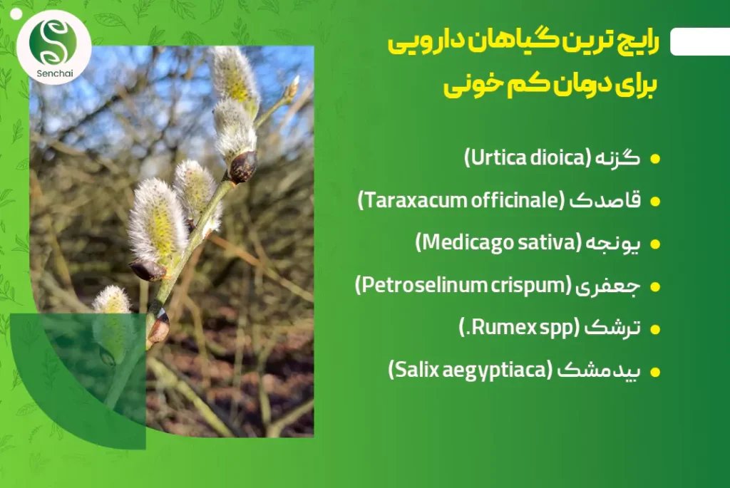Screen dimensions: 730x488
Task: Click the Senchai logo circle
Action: (x=54, y=46)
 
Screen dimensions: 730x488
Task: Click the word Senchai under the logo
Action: (x=54, y=73)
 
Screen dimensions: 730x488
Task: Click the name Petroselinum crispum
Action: (x=463, y=285)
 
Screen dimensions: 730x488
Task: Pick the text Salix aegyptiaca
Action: (x=470, y=370)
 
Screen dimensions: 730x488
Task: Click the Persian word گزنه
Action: (x=619, y=159)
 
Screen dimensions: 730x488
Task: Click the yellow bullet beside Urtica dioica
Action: (x=655, y=159)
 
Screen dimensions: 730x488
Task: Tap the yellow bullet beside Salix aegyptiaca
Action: (x=655, y=372)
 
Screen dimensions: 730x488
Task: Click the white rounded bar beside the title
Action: (x=700, y=41)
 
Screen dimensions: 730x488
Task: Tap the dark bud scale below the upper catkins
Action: (x=243, y=167)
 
